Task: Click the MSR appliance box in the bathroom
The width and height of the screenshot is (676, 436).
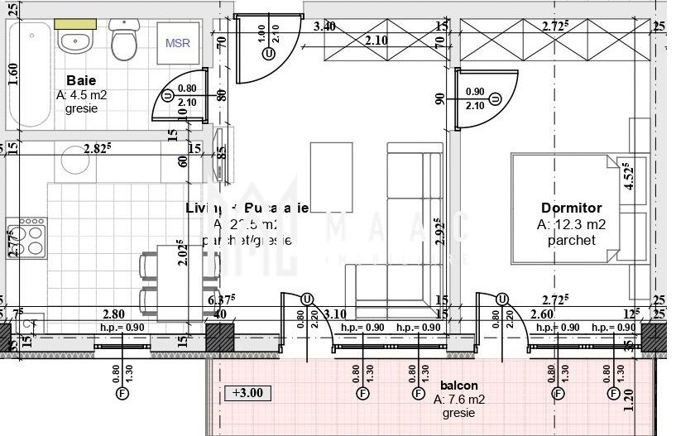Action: [x=177, y=43]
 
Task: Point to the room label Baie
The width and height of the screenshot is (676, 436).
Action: [x=82, y=81]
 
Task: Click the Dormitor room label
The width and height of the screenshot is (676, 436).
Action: [x=571, y=208]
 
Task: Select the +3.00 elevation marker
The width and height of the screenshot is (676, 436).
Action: [x=247, y=392]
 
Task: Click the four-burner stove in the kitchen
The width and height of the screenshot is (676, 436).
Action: [x=27, y=237]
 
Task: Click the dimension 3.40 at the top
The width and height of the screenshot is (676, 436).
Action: [x=324, y=26]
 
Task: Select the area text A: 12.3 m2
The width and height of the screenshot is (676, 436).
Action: [x=572, y=224]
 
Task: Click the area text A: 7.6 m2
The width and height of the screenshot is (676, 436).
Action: [x=458, y=400]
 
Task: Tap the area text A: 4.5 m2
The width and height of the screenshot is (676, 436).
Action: [x=82, y=95]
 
